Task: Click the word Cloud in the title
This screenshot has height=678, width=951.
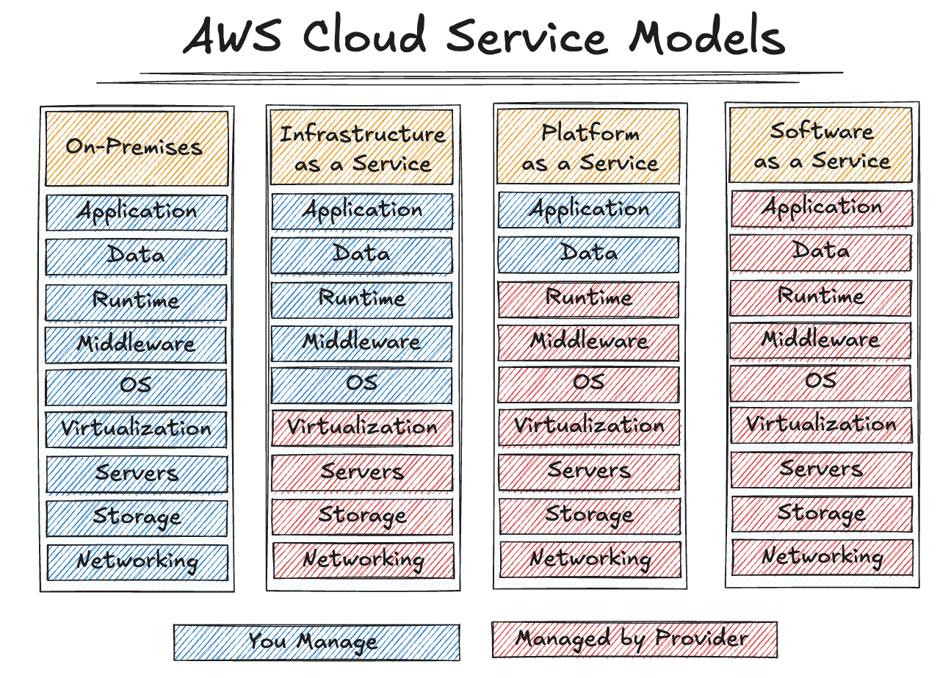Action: point(365,37)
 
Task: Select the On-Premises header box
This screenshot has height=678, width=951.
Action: point(137,148)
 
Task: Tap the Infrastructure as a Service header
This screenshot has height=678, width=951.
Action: point(362,147)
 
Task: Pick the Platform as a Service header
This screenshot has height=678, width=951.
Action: point(589,147)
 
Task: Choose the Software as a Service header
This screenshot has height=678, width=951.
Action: point(820,145)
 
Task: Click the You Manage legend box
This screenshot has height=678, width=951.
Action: point(317,643)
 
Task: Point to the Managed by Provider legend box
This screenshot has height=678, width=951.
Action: point(634,639)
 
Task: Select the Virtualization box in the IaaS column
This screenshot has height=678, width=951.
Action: point(362,428)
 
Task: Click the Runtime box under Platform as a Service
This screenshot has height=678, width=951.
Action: point(589,299)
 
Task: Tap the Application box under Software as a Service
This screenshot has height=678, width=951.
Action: point(821,209)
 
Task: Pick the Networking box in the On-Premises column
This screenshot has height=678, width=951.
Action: point(137,563)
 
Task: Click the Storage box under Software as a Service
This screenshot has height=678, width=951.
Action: point(821,513)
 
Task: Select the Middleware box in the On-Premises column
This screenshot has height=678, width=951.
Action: point(137,345)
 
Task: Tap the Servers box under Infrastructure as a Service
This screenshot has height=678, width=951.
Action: point(362,473)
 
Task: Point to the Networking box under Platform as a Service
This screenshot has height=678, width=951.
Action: point(590,560)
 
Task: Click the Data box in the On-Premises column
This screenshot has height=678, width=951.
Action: point(137,256)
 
